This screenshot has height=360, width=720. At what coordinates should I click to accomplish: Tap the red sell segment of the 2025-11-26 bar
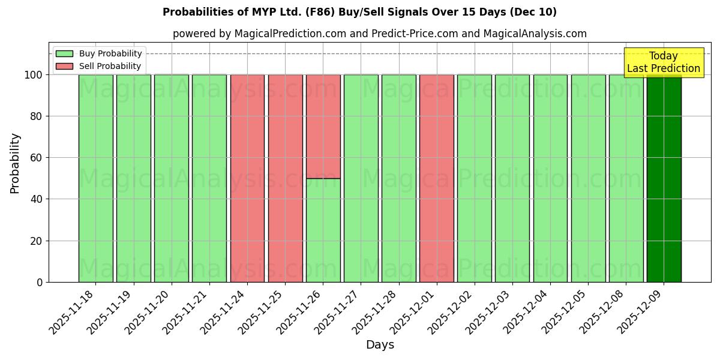coord(323,127)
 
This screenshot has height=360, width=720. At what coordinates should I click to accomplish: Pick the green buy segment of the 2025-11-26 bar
coord(323,230)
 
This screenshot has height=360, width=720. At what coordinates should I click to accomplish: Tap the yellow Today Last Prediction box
coord(664,62)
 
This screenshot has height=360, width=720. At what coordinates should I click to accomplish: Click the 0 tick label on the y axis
coord(40,282)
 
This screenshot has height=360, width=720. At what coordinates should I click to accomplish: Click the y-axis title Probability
coord(15,163)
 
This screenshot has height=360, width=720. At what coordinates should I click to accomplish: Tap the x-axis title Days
coord(380,345)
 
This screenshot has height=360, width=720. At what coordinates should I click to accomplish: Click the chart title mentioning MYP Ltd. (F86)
coord(359,12)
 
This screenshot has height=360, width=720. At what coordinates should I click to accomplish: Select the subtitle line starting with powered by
coord(379,34)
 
